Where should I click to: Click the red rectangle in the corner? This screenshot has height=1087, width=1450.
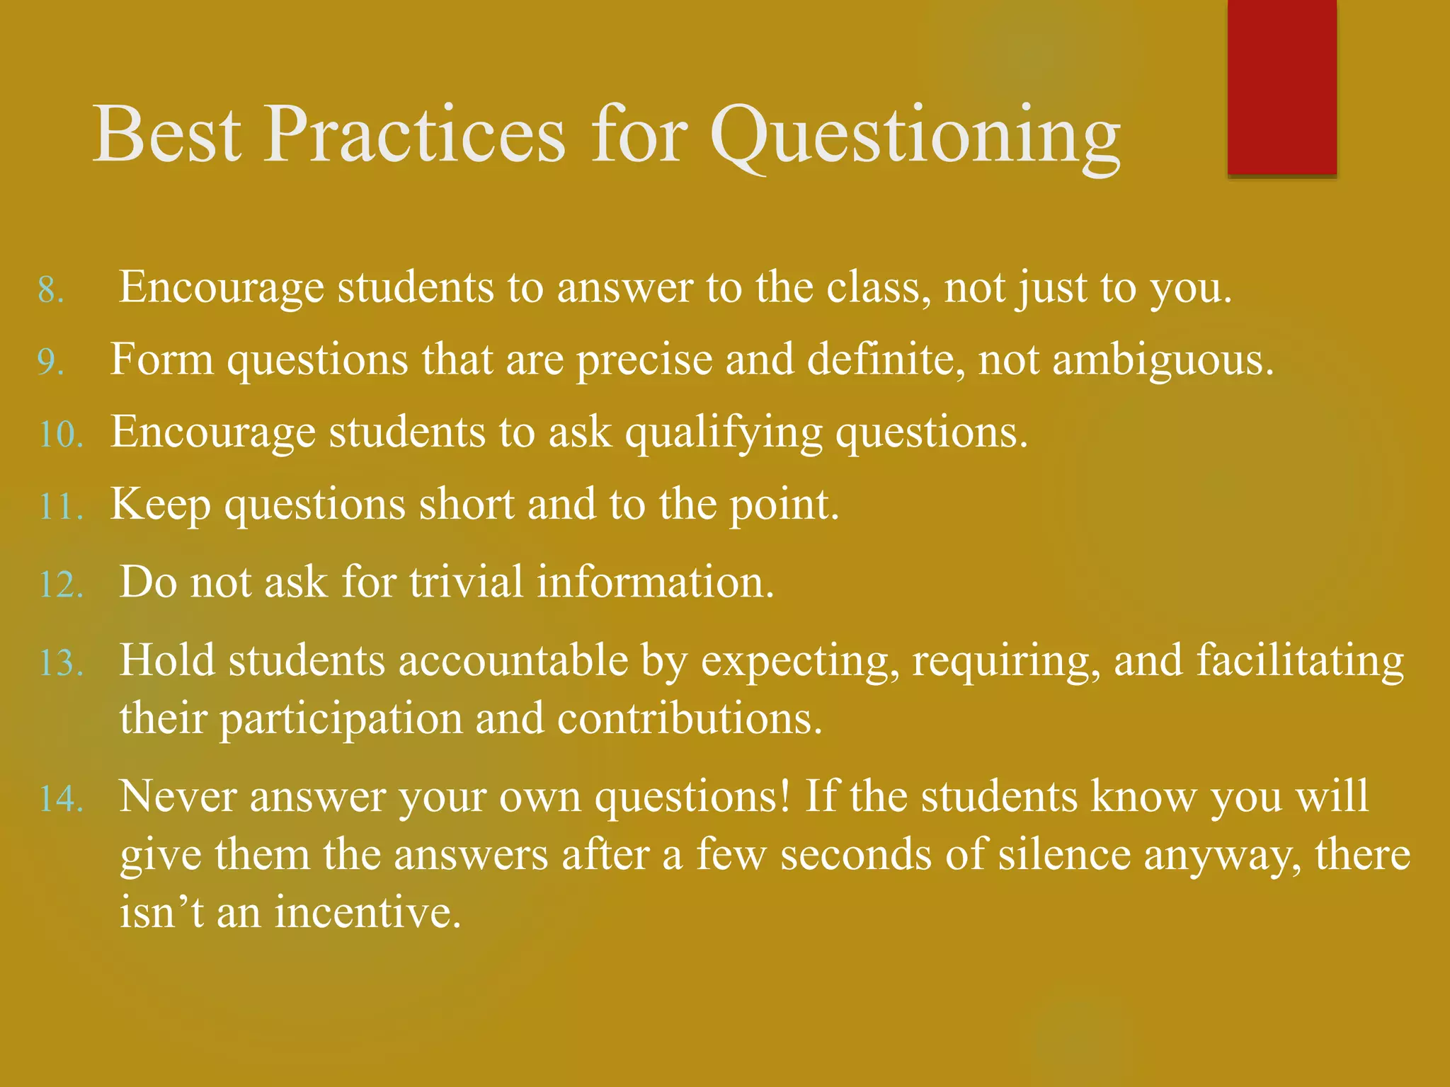pos(1281,86)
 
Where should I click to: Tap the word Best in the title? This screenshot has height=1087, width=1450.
pos(167,134)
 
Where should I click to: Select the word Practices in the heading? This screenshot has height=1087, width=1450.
pos(414,134)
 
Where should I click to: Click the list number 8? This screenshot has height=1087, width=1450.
pos(51,291)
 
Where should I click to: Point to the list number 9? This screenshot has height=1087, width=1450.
pos(51,363)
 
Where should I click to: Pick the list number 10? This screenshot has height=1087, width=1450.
pos(61,435)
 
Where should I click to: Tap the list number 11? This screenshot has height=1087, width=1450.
pos(61,507)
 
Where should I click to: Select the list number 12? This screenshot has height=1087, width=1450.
pos(61,585)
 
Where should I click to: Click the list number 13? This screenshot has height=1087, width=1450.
pos(61,664)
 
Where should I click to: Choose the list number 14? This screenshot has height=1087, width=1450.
pos(61,799)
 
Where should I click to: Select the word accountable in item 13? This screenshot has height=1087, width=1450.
pos(513,661)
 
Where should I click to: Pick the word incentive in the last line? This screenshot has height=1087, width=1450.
pos(367,912)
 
